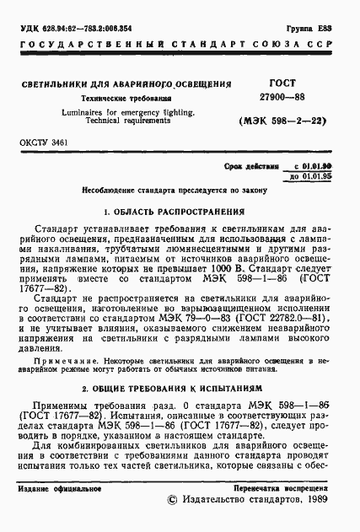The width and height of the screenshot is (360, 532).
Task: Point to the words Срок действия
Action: (259, 167)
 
